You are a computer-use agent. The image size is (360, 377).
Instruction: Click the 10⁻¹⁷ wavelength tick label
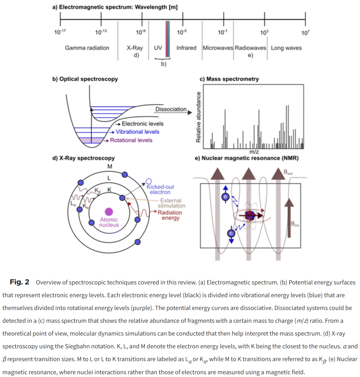coord(60,32)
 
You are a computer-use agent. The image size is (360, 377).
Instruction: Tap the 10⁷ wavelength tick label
coord(305,33)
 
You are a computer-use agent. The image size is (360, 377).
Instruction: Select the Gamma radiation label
coord(87,48)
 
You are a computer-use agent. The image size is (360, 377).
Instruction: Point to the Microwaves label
coord(218,48)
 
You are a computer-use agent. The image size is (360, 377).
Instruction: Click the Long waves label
coord(286,48)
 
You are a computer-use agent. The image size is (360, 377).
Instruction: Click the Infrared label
coord(186,48)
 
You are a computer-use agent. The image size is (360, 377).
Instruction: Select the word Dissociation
coord(171,109)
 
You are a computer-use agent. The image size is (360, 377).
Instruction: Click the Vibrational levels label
coord(137,132)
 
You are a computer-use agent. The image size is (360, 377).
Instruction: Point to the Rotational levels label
coord(131,140)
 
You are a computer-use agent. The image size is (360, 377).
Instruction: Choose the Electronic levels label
coord(143,124)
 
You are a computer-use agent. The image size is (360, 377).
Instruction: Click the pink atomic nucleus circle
coord(109,211)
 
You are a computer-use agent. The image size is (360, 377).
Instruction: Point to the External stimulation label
coord(171,203)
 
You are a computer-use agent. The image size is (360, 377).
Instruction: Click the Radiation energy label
coord(170,215)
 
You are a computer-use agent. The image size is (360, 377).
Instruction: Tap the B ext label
coord(288,172)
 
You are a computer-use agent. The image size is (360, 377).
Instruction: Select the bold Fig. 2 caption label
coord(19,282)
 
